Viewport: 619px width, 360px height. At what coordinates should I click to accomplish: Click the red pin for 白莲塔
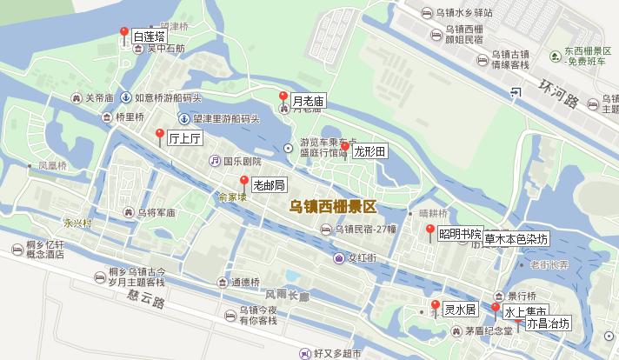[x=123, y=33]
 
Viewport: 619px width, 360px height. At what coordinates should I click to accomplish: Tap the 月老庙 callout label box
[x=308, y=101]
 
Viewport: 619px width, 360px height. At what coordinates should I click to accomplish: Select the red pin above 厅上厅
[x=159, y=134]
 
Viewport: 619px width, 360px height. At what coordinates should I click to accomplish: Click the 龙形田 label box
[x=369, y=151]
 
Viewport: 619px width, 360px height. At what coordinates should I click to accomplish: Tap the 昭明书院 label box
[x=459, y=233]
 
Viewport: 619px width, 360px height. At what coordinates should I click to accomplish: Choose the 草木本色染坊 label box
[x=517, y=238]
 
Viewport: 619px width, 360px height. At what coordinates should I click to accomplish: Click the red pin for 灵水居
[x=435, y=305]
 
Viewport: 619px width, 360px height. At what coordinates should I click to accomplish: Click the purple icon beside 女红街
[x=338, y=257]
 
